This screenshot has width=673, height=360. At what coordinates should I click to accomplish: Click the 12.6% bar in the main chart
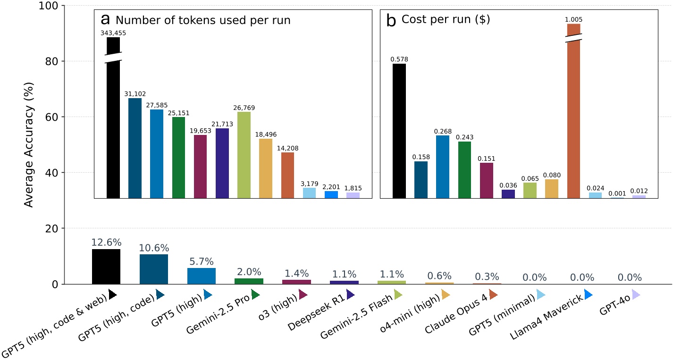click(x=106, y=267)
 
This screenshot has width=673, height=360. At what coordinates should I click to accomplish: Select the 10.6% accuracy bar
click(x=153, y=269)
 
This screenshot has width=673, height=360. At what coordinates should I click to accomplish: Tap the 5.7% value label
click(x=201, y=261)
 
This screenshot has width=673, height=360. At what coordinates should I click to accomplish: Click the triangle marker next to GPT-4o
click(x=636, y=295)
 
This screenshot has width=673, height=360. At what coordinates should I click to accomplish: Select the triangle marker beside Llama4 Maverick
click(x=589, y=295)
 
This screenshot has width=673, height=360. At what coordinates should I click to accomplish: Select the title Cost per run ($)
click(x=446, y=20)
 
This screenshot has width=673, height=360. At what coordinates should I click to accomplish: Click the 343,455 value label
click(x=113, y=33)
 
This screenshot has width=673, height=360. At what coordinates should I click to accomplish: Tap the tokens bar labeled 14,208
click(x=287, y=175)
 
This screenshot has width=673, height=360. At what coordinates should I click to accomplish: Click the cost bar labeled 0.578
click(x=399, y=131)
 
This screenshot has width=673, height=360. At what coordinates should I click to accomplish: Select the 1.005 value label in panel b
click(x=573, y=19)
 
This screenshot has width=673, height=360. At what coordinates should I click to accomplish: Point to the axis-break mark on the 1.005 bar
click(x=573, y=38)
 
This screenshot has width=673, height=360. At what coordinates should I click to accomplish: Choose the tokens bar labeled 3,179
click(x=309, y=193)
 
